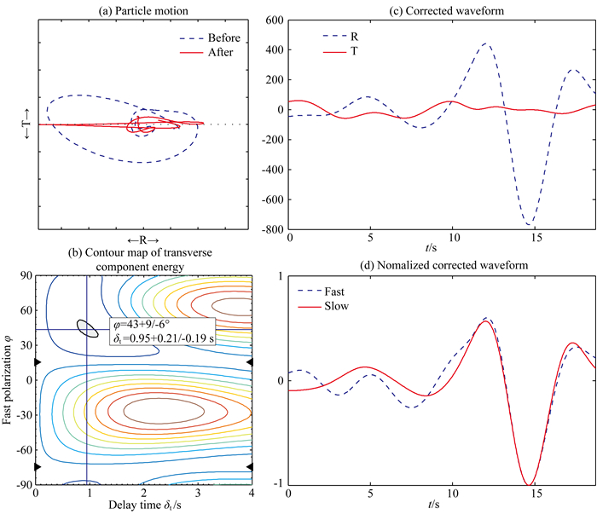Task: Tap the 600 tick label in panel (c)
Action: (274, 20)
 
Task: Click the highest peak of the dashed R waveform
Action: (486, 43)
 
